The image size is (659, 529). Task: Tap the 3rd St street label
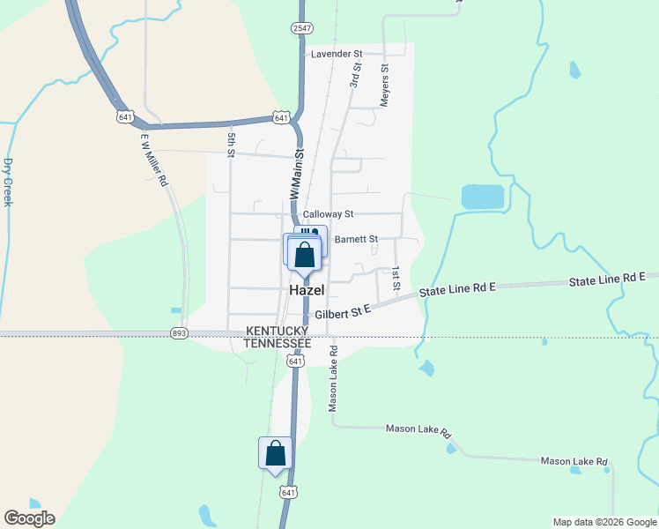pos(355,74)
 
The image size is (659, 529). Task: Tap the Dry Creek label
pos(8,182)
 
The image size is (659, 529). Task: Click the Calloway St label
pos(328,214)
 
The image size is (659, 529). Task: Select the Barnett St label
pos(356,239)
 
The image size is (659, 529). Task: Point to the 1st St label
pos(396,279)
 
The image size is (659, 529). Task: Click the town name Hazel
pos(307,290)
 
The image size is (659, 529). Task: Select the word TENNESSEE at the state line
pos(278,342)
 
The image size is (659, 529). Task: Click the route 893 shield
pos(180,333)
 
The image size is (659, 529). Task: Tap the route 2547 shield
pos(300,28)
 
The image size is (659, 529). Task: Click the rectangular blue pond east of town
pos(483,197)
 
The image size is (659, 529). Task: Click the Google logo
pos(29,518)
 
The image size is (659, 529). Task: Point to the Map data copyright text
pos(603,522)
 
